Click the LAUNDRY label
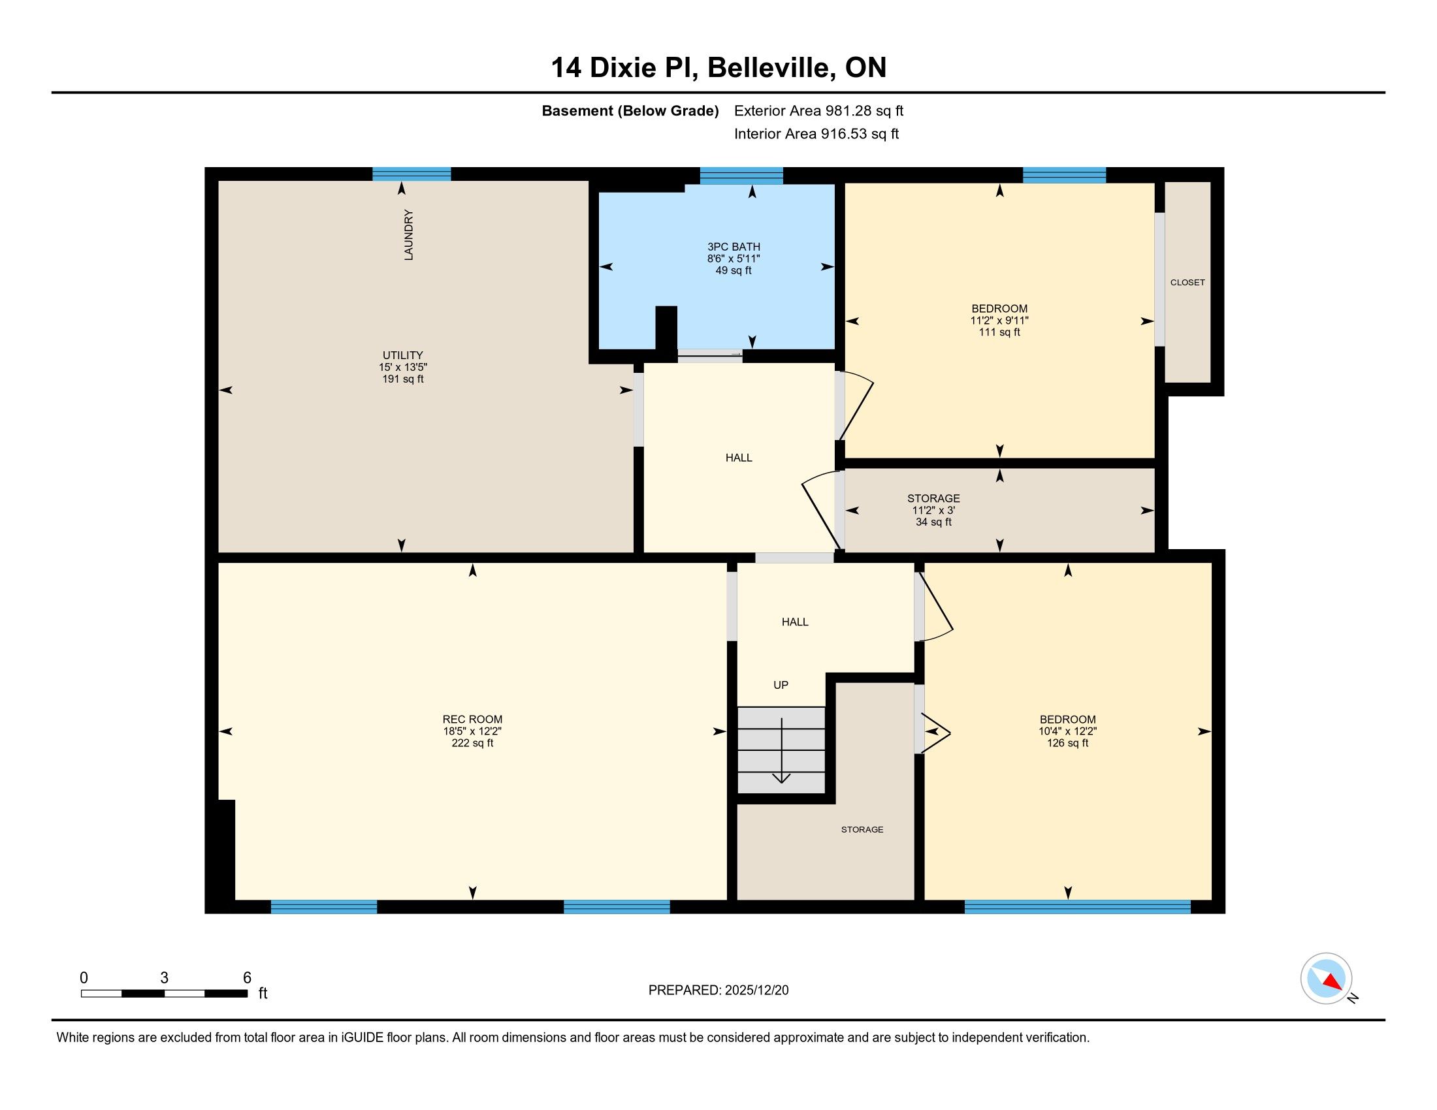(x=409, y=235)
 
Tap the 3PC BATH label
(x=734, y=247)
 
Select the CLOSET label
(x=1187, y=282)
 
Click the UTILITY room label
(x=402, y=355)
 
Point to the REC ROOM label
(x=472, y=720)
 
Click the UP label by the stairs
(x=781, y=684)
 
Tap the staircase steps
(x=781, y=750)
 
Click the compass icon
(x=1326, y=978)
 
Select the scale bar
(x=164, y=993)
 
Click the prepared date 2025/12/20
(x=755, y=991)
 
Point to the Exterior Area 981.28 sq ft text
(x=818, y=110)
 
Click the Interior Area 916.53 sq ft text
(x=816, y=133)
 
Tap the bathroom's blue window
(x=741, y=176)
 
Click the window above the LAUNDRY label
(x=412, y=174)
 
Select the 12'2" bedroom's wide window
(x=1078, y=907)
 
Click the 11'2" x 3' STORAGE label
(x=933, y=511)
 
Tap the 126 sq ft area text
(x=1068, y=743)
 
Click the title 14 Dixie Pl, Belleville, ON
(x=718, y=67)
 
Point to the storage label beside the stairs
(x=862, y=830)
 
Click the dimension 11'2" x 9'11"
(x=999, y=320)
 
